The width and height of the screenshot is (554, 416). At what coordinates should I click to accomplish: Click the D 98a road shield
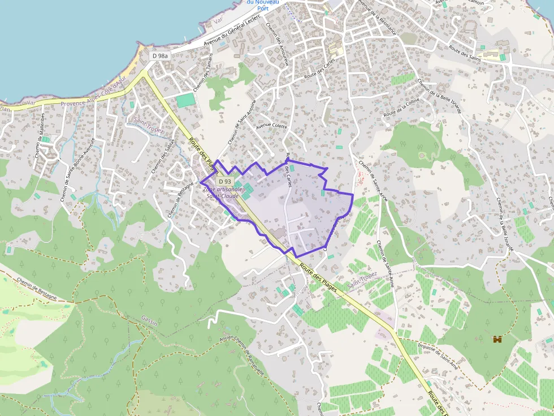(x=160, y=56)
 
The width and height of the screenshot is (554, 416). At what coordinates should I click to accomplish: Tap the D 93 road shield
(x=224, y=181)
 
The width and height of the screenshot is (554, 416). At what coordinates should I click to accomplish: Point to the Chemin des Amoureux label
(x=277, y=45)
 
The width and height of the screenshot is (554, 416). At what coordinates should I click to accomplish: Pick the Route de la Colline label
(x=401, y=107)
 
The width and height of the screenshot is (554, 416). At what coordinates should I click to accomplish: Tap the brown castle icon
(x=497, y=339)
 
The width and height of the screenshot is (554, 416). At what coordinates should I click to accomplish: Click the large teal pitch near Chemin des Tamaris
(x=184, y=100)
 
